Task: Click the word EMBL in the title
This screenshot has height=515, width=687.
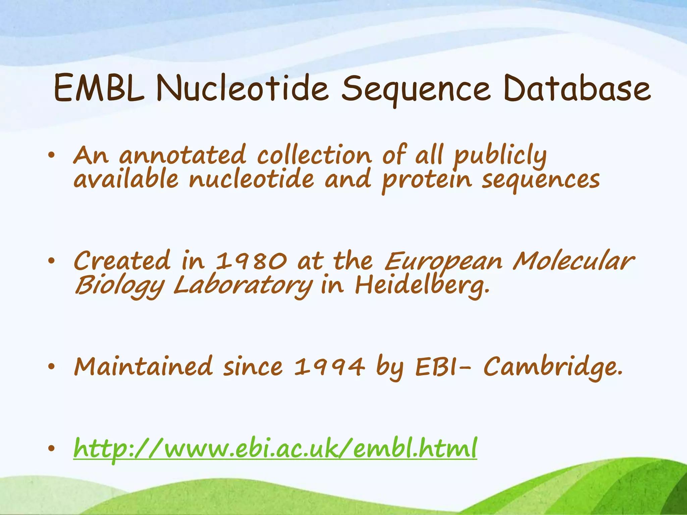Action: click(99, 89)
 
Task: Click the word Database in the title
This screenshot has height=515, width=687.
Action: click(577, 89)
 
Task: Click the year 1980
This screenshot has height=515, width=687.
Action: click(251, 261)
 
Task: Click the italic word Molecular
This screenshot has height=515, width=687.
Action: click(573, 261)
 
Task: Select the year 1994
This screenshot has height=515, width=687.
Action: click(329, 366)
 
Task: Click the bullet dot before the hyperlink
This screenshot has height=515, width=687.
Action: click(51, 449)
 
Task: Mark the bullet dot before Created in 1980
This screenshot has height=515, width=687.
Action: click(51, 261)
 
